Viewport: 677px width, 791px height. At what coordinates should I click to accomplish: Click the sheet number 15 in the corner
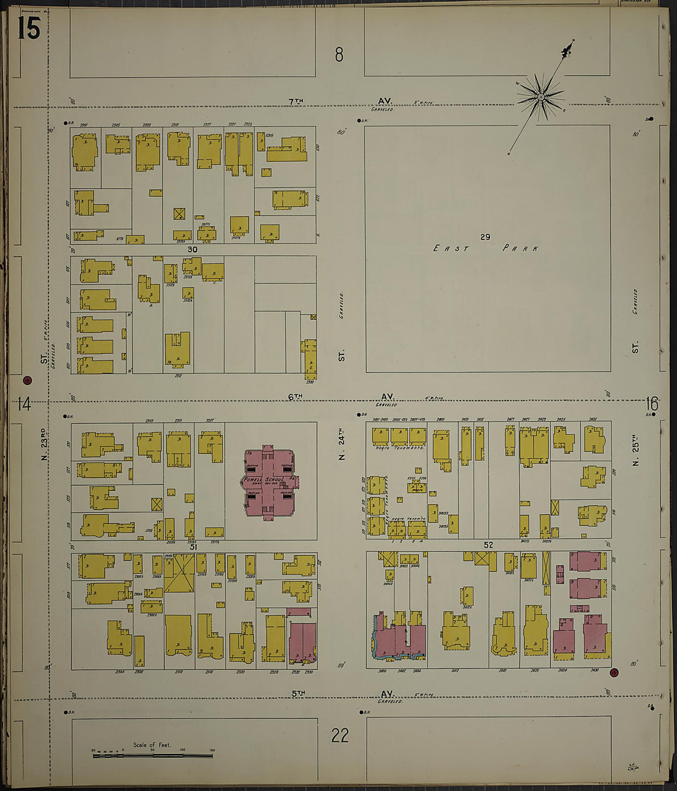(28, 28)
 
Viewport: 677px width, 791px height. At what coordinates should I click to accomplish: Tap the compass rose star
(540, 97)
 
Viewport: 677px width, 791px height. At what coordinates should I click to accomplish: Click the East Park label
(486, 248)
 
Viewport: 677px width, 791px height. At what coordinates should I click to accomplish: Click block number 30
(193, 249)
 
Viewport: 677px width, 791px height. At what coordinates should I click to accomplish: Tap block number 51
(193, 546)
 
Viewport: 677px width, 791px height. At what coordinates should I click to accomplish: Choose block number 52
(489, 545)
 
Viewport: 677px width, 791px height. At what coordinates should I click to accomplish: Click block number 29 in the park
(485, 237)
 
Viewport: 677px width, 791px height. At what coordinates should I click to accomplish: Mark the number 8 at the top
(339, 55)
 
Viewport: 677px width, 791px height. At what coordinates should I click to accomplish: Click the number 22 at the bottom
(340, 735)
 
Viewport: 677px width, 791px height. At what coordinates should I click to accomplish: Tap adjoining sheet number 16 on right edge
(652, 404)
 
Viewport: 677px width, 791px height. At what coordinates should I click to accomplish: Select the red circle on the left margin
(27, 380)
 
